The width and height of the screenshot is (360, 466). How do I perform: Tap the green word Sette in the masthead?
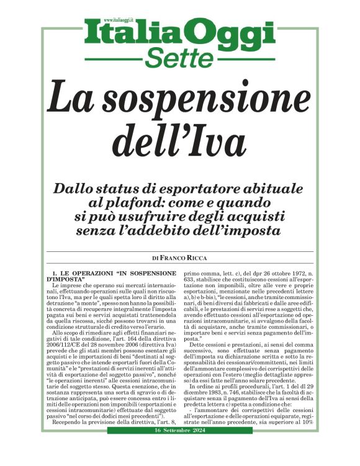pos(180,58)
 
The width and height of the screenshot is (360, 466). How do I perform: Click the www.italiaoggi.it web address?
pos(122,20)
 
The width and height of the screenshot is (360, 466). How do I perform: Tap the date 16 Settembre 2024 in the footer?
pos(180,447)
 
